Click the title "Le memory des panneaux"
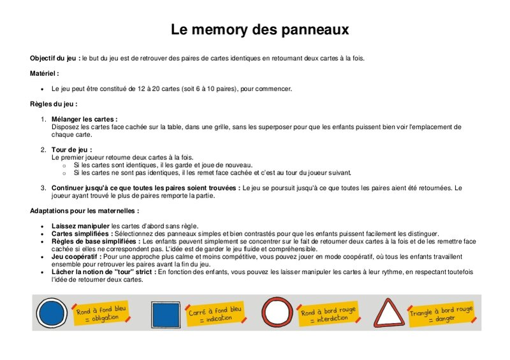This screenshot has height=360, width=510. point(259,30)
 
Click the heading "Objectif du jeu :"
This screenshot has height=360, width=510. point(55,58)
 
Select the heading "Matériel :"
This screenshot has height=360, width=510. point(45,73)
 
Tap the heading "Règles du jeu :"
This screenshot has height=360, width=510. point(54,104)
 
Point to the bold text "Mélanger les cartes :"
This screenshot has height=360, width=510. point(84,119)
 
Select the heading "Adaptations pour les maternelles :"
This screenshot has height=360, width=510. point(84,210)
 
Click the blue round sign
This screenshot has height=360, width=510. point(52,313)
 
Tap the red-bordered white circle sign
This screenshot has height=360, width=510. point(276,313)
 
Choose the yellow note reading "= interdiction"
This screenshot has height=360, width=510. point(328,314)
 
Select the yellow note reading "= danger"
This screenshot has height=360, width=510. point(441,314)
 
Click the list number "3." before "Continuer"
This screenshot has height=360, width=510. point(44,188)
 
